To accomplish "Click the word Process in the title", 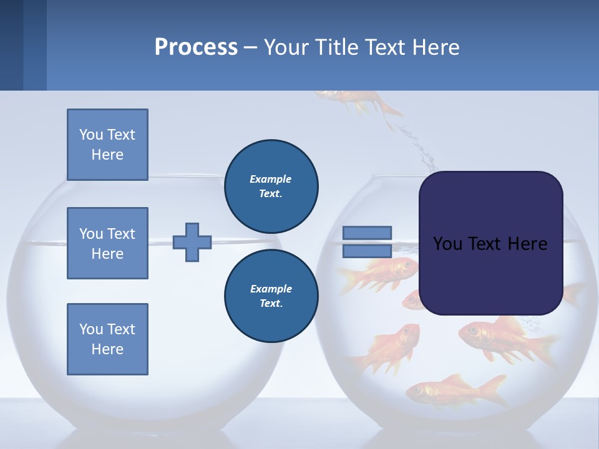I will [196, 47].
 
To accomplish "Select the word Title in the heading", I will [335, 47].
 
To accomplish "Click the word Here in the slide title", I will [437, 47].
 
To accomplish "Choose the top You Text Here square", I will [107, 145].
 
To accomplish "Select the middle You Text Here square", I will [107, 243].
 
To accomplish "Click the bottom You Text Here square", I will [107, 339].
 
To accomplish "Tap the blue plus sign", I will [192, 242].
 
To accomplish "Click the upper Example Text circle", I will [271, 186].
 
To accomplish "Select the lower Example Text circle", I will [271, 296].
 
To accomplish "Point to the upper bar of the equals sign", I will [368, 233].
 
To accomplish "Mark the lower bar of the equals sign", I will [368, 251].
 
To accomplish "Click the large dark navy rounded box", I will [490, 243].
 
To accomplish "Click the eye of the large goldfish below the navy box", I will [472, 329].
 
